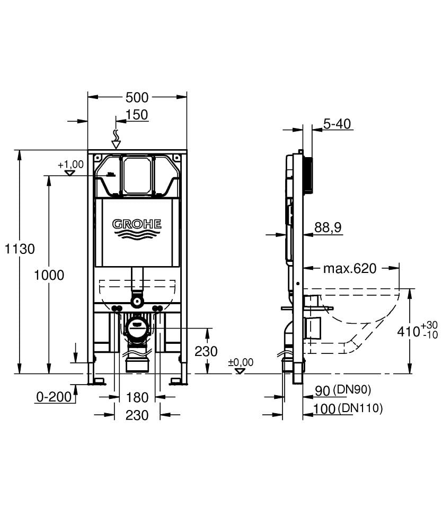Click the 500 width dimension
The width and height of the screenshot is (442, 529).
click(x=137, y=97)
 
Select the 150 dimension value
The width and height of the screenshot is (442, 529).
click(x=137, y=115)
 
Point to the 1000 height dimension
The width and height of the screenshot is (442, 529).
click(x=49, y=275)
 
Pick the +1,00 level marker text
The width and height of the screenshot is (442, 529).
click(x=71, y=165)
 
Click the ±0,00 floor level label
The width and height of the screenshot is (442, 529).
click(x=241, y=362)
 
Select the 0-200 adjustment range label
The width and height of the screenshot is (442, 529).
click(x=54, y=397)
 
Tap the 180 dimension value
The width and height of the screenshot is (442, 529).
click(x=137, y=397)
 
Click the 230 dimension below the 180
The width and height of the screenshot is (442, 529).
click(x=137, y=416)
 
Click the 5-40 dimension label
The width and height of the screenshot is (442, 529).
click(x=337, y=124)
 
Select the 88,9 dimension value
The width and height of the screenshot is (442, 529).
click(x=328, y=227)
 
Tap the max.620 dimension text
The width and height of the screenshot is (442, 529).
click(x=350, y=268)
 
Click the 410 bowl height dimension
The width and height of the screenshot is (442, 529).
click(x=409, y=332)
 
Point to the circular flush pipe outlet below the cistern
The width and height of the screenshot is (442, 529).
click(x=137, y=302)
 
